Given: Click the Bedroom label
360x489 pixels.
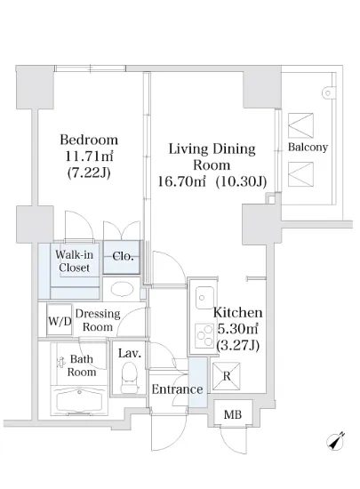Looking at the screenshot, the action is pos(89,140).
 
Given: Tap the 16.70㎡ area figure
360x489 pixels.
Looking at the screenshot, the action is pos(182,180).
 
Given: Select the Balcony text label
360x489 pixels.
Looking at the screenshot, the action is pos(308,147).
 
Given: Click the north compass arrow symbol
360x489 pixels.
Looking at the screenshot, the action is pos(335,441).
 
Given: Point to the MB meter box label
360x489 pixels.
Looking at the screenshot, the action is pos(233,414).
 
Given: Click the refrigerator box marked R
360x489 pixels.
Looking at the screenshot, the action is pos(227,376).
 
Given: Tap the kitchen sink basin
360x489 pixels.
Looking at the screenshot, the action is pos(204,298).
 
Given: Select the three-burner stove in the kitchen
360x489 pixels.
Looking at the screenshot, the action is pos(204,335).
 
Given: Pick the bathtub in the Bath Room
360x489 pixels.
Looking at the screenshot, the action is pos(79,402).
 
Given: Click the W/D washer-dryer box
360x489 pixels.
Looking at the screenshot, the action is pos(60,320).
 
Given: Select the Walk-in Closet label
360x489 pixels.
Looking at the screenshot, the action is pos(74,261).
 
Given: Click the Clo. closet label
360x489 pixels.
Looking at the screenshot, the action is pos(123,256).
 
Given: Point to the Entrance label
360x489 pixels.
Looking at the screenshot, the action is pos(177,389).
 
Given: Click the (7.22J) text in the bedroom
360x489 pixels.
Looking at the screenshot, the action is pos(89,172).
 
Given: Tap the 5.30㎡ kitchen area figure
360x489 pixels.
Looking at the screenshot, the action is pos(237,329).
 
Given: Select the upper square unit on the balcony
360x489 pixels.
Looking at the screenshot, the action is pos(300,125).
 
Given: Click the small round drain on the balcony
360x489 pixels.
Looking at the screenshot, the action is pos(328,93).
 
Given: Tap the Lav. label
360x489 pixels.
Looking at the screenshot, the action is pos(130,353).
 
